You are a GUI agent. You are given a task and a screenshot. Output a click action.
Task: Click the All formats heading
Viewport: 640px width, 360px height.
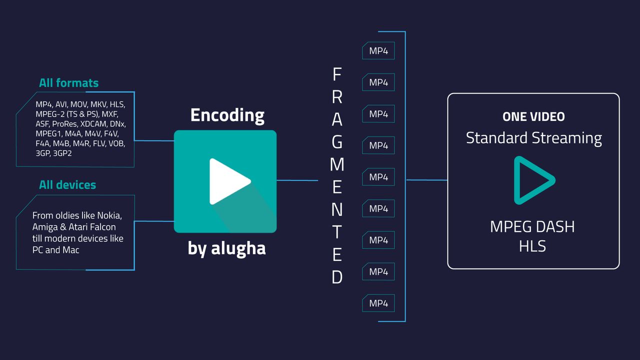[68, 83]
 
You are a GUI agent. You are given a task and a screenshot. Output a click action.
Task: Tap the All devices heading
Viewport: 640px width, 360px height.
[67, 185]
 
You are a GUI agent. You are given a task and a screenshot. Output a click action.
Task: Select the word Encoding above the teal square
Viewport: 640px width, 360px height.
[227, 115]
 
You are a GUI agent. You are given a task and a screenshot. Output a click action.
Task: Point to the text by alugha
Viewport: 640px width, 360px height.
[226, 248]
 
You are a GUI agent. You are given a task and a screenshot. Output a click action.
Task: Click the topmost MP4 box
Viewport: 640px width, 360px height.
[378, 51]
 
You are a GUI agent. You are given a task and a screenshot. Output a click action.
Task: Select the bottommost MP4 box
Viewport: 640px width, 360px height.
[378, 303]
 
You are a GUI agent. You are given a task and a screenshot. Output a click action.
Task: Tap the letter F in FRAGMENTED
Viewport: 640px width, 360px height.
[337, 74]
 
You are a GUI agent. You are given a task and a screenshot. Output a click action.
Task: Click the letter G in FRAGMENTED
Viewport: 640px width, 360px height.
[337, 142]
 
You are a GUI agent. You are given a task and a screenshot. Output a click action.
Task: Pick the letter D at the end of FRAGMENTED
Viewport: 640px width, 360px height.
[337, 277]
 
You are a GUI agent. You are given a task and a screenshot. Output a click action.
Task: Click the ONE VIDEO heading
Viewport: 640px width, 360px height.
[533, 116]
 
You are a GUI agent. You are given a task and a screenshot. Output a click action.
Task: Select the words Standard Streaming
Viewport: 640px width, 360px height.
[533, 138]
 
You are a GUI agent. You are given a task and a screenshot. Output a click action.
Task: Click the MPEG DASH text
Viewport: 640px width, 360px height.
[532, 227]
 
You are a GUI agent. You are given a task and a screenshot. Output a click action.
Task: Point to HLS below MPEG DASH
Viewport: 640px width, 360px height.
[532, 246]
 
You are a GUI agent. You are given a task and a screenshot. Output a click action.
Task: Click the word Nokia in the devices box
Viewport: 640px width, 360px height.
[109, 215]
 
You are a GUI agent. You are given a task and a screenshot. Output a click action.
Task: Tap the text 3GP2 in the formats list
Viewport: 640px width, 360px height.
[62, 153]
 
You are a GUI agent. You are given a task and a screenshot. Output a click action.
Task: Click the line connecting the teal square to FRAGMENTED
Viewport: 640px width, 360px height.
[297, 180]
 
